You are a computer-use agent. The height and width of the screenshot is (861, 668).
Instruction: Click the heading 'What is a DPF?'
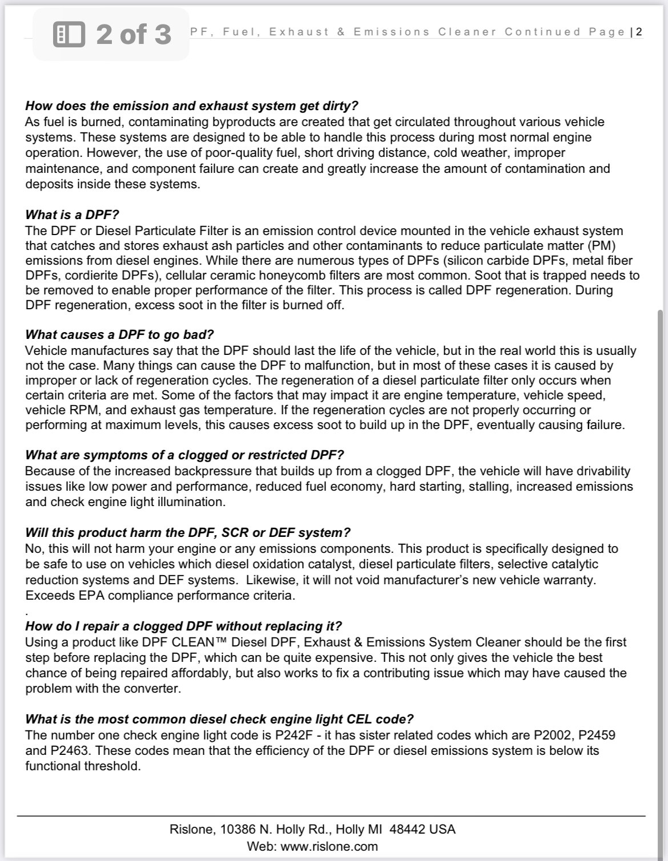72,215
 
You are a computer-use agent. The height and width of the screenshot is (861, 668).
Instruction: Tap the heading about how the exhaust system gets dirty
191,106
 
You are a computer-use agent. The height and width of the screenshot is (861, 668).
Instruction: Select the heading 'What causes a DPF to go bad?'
119,334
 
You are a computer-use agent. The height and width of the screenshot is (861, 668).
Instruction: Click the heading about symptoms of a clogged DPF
184,455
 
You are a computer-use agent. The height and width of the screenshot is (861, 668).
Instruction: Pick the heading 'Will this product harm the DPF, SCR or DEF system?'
187,532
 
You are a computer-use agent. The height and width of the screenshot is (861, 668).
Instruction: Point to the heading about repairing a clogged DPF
183,626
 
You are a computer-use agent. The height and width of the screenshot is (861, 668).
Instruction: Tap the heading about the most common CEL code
219,719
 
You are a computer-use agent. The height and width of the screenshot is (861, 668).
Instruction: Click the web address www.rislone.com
329,846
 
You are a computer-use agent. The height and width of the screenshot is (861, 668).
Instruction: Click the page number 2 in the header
639,32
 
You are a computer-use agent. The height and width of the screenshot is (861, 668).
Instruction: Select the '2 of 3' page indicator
134,34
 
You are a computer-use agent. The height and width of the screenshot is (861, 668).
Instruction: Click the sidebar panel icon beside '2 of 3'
69,34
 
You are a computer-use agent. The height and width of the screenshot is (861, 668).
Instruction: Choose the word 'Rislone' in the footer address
191,829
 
